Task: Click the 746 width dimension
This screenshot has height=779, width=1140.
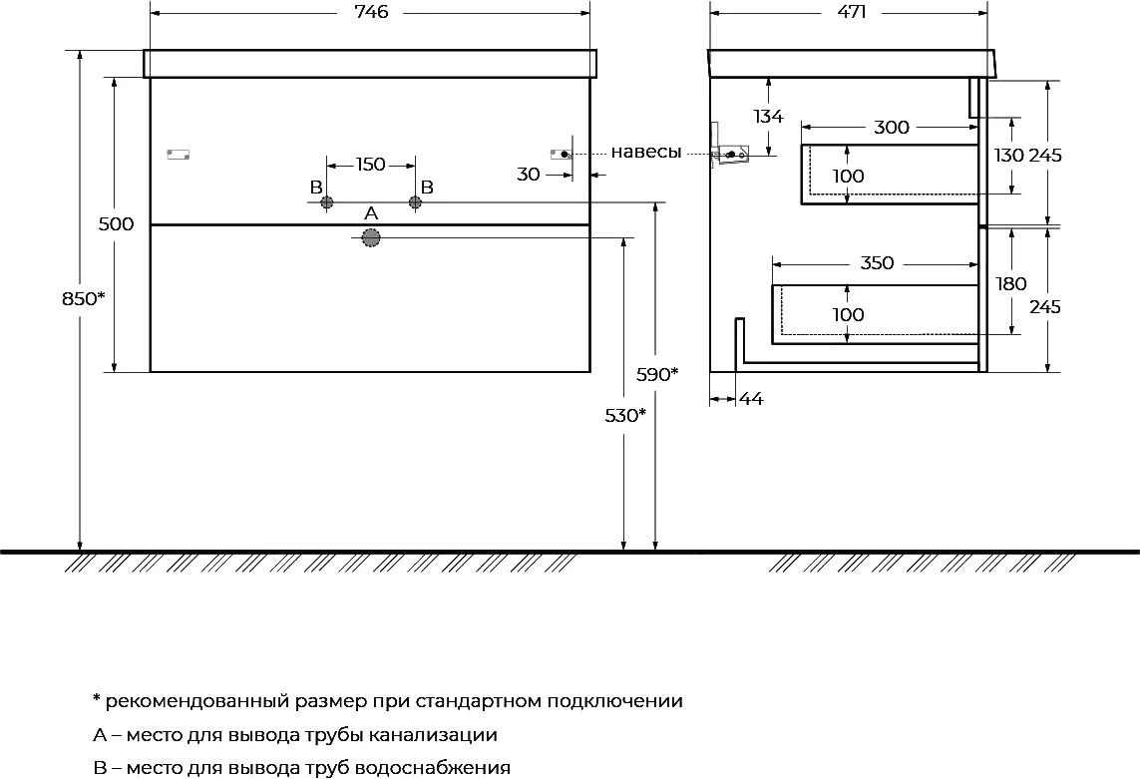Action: [x=371, y=12]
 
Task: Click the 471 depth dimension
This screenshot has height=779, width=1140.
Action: [x=852, y=12]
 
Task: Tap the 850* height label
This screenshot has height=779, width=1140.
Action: [x=84, y=298]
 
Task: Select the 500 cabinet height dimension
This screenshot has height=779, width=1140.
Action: [x=117, y=224]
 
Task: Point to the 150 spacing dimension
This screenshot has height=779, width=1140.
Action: [x=371, y=165]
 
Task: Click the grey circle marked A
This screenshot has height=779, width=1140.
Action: [x=371, y=237]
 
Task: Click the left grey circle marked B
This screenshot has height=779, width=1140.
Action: [x=326, y=202]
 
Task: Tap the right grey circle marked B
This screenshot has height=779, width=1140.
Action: [x=415, y=202]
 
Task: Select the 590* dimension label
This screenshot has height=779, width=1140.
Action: [x=657, y=375]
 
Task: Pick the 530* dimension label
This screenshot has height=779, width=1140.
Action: [x=625, y=415]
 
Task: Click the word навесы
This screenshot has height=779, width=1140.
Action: [x=646, y=152]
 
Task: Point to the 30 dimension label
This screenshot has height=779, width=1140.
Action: [x=529, y=175]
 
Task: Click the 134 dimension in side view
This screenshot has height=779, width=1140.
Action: [x=769, y=117]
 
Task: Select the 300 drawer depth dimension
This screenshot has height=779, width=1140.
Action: [x=892, y=128]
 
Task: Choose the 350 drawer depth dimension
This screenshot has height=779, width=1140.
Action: [x=877, y=262]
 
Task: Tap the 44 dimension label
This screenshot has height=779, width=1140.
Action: [x=752, y=399]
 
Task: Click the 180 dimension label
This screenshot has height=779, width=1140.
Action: [x=1011, y=283]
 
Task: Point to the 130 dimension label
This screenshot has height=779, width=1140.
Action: [x=1009, y=155]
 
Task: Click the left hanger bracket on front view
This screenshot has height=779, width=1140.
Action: [x=179, y=155]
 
